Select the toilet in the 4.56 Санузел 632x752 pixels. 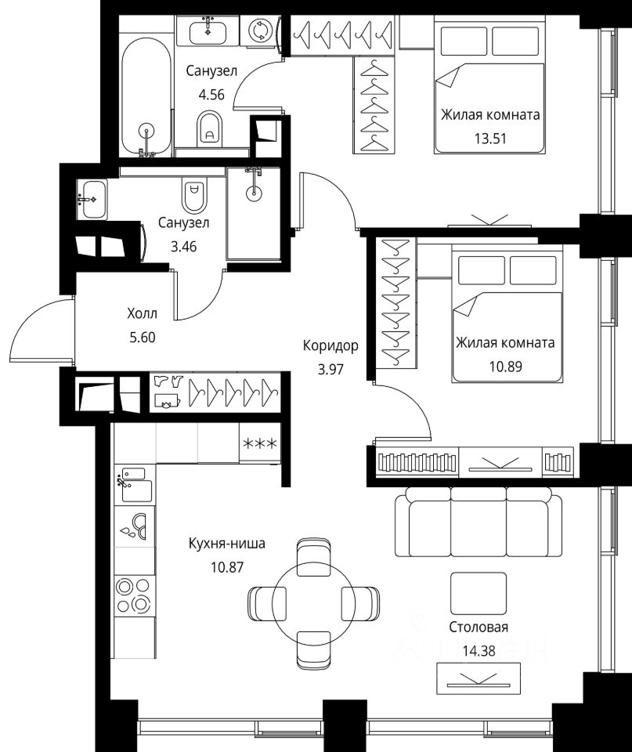(210, 128)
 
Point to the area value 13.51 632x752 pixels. (490, 139)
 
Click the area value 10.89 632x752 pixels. (505, 367)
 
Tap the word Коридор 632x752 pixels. (330, 345)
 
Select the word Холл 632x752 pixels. (142, 313)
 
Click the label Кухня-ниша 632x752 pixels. (227, 544)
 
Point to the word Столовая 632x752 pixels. (479, 627)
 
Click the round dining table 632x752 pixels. (313, 603)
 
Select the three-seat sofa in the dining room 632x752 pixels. (479, 522)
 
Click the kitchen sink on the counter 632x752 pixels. (135, 486)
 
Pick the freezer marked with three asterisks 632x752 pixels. (260, 443)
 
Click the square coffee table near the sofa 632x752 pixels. (479, 593)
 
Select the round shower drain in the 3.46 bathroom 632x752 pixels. (254, 193)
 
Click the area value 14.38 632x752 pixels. (479, 651)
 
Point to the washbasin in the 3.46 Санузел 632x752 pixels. (92, 199)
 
